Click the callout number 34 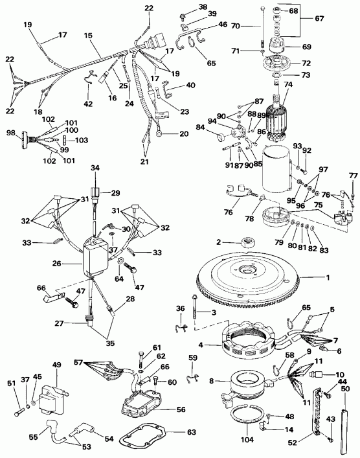[x=96, y=168]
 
